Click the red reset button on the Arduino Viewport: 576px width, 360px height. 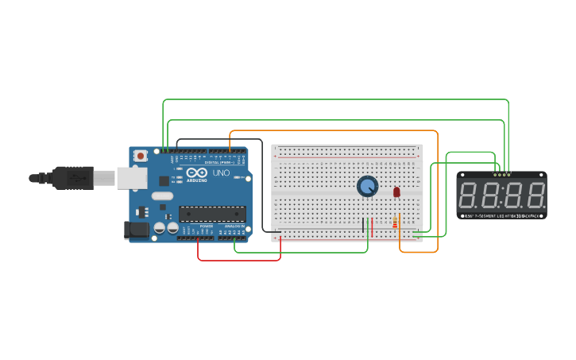(x=141, y=156)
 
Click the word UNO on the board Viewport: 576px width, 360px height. (x=221, y=172)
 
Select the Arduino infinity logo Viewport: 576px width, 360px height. (x=198, y=172)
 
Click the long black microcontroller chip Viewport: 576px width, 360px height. (x=212, y=213)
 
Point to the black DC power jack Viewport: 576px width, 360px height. (x=137, y=230)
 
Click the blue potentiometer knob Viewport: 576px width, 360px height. (x=367, y=186)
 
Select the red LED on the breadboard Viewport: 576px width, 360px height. (x=396, y=192)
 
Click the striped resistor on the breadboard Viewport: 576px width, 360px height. (x=395, y=223)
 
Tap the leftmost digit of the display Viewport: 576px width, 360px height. (x=468, y=195)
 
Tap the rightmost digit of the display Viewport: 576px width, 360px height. (x=537, y=195)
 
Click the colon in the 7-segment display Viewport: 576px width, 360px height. (x=502, y=195)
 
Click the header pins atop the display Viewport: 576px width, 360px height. (x=501, y=174)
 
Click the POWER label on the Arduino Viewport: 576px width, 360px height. (x=206, y=226)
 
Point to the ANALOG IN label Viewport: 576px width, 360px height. (x=235, y=226)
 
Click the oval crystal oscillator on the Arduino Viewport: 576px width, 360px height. (x=162, y=196)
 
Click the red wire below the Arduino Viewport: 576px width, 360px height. (x=238, y=260)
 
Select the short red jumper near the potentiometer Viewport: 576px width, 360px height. (x=372, y=225)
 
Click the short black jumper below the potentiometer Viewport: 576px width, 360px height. (x=363, y=225)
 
